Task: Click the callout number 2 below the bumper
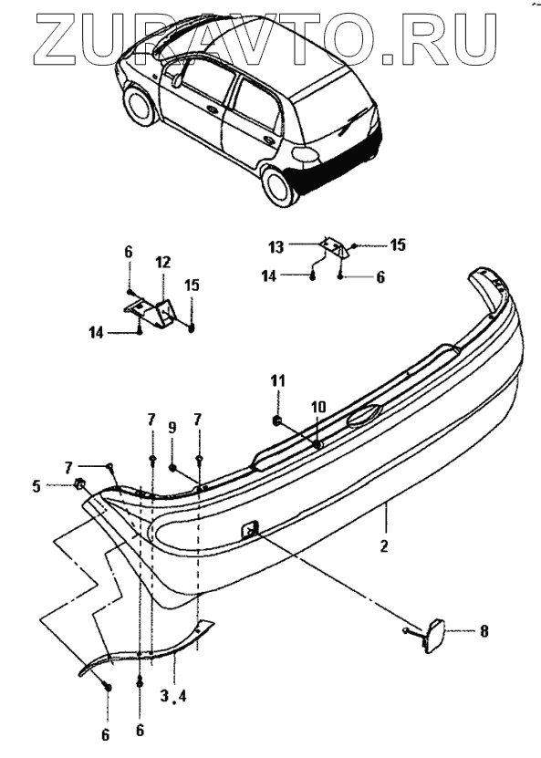click(x=384, y=546)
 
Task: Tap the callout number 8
click(x=484, y=631)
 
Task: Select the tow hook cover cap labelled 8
click(x=433, y=636)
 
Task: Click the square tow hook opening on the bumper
click(x=248, y=529)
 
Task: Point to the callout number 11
click(x=279, y=381)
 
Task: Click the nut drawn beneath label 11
click(x=277, y=421)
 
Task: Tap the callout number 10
click(x=318, y=406)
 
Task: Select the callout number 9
click(x=172, y=427)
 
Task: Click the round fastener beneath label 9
click(x=172, y=467)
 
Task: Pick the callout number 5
click(x=36, y=485)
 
